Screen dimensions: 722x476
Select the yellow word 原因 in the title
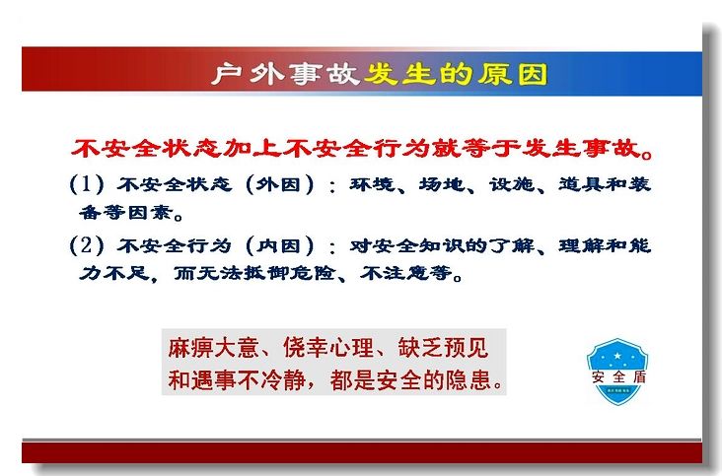pos(512,74)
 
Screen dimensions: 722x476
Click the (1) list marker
pos(87,184)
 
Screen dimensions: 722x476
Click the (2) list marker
pos(87,245)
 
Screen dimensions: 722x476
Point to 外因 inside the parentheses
pos(279,184)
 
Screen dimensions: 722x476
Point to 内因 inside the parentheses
pos(279,246)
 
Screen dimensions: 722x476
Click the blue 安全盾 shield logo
pos(617,372)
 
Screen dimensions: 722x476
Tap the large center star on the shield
pos(617,355)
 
